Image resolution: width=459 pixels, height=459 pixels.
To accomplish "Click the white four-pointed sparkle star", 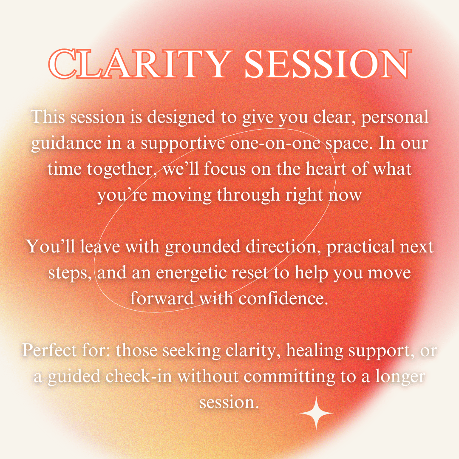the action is (316, 413).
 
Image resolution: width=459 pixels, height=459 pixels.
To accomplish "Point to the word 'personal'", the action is (395, 118).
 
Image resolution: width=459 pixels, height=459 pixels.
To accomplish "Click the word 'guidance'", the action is (66, 144).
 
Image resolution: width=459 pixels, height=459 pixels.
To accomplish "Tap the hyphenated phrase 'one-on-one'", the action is (275, 144).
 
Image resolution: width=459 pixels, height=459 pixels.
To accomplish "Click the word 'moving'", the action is (181, 195).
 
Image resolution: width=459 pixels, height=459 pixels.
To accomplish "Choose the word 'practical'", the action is (361, 247).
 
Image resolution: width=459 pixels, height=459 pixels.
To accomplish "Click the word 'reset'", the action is (250, 273).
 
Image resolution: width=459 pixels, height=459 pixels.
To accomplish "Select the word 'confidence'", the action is (283, 299).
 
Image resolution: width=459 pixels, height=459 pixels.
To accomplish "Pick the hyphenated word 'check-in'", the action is (139, 377).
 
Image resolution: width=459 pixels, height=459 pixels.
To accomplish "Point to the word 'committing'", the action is (289, 377).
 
